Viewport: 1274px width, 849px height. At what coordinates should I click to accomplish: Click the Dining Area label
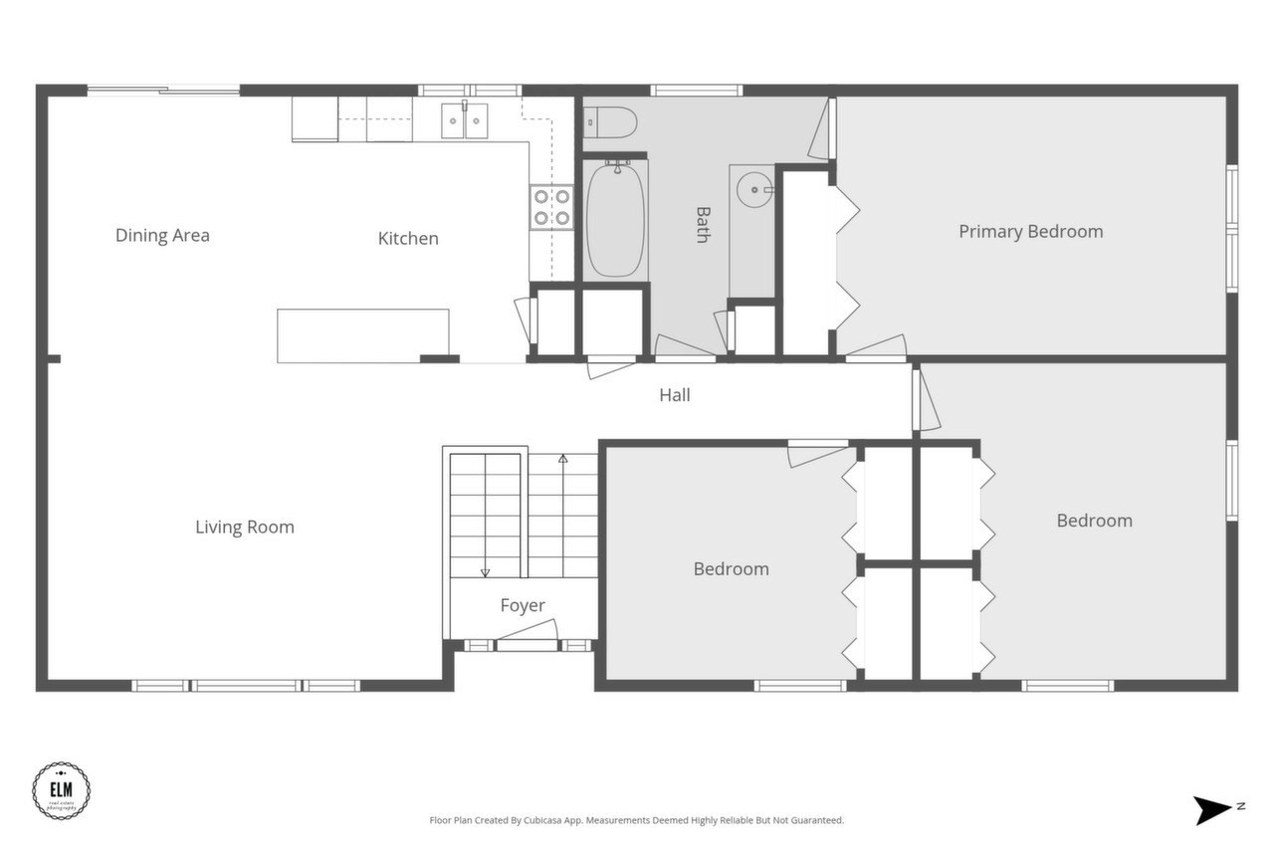[x=162, y=236]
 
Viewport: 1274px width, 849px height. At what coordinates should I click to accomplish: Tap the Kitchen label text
[x=408, y=239]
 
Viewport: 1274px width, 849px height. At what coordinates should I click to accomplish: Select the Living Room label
[x=245, y=528]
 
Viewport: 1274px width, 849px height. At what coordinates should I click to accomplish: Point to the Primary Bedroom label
[x=1030, y=232]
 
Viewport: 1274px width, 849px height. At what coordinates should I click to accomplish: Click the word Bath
[x=703, y=225]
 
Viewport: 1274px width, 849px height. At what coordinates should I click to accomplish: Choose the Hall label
[x=675, y=395]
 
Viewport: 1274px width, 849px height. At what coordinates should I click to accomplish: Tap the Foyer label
[x=523, y=605]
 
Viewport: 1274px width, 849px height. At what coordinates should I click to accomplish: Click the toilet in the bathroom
[x=609, y=121]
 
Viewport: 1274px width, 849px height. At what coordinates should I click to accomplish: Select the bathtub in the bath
[x=615, y=221]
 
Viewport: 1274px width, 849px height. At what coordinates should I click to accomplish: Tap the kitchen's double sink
[x=465, y=121]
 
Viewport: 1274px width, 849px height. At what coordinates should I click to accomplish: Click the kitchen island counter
[x=362, y=335]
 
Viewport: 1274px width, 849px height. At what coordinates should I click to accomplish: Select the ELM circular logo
[x=62, y=791]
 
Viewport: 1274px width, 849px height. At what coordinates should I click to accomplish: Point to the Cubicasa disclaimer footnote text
[x=637, y=820]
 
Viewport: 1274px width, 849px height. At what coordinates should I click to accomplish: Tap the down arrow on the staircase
[x=486, y=571]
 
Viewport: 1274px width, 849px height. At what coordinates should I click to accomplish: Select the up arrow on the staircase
[x=562, y=459]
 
